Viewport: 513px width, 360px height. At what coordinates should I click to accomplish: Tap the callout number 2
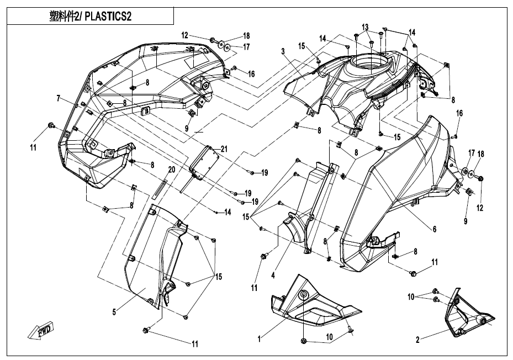[x=419, y=340]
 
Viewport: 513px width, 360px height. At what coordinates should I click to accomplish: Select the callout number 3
[x=282, y=51]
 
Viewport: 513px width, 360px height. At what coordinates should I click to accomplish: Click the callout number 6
[x=434, y=229]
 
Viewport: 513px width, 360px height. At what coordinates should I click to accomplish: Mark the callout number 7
[x=57, y=98]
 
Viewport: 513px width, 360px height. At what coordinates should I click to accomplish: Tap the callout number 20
[x=171, y=170]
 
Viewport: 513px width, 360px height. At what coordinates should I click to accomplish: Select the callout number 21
[x=224, y=149]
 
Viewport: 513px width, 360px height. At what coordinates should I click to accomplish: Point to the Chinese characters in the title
[x=64, y=16]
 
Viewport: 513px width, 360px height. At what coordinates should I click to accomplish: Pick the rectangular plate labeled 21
[x=204, y=160]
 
